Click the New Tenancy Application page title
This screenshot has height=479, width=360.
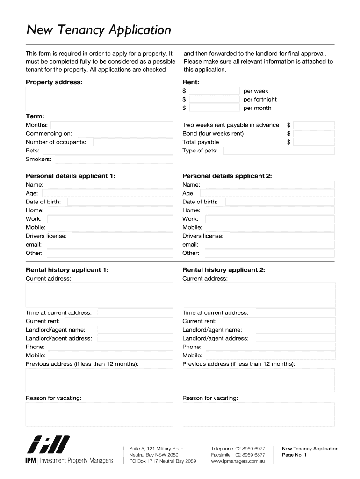tap(99, 30)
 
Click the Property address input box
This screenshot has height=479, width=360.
tap(99, 99)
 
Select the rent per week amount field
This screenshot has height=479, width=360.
tap(214, 91)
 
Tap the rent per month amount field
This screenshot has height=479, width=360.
tap(214, 108)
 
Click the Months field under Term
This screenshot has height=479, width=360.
tap(112, 125)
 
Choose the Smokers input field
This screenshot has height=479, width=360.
tap(114, 159)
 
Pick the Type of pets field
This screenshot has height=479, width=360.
tap(279, 151)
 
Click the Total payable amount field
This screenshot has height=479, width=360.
tap(314, 142)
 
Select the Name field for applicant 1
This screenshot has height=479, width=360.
tap(110, 185)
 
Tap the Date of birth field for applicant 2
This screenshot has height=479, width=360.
tap(280, 202)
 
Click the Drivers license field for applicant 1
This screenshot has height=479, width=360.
tap(122, 236)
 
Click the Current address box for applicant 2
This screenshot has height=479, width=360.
tap(259, 295)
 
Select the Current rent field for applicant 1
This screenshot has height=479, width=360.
tap(119, 321)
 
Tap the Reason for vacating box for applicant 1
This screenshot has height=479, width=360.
tap(99, 414)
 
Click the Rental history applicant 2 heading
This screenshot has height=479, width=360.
tap(223, 270)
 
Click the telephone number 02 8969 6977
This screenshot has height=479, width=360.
tap(250, 449)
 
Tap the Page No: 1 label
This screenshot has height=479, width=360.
tap(294, 455)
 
